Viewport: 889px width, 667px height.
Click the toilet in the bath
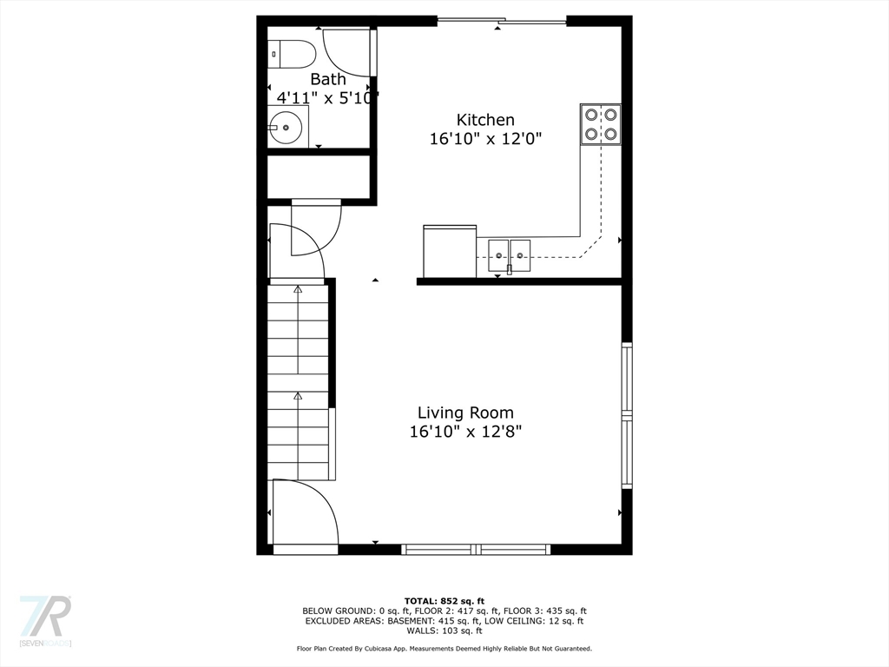pos(292,55)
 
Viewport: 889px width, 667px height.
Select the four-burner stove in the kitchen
pos(601,124)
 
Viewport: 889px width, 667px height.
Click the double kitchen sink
pos(510,255)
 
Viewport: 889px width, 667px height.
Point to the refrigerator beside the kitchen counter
pos(450,251)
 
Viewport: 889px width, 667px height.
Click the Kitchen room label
pos(485,120)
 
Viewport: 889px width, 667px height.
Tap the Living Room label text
pos(465,413)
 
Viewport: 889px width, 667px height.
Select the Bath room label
pos(327,79)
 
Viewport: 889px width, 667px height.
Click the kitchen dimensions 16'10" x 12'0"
pos(485,138)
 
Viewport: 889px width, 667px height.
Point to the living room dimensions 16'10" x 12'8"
pos(465,432)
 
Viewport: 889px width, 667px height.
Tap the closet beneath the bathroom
pos(319,176)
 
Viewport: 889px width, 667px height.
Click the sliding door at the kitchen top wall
pos(502,22)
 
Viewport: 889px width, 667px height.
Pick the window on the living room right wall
pos(627,414)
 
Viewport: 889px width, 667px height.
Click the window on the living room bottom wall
pos(476,549)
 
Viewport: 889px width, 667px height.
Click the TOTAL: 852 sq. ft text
pos(444,601)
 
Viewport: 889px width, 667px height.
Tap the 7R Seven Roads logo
pos(45,620)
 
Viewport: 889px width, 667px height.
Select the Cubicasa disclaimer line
pos(444,648)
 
